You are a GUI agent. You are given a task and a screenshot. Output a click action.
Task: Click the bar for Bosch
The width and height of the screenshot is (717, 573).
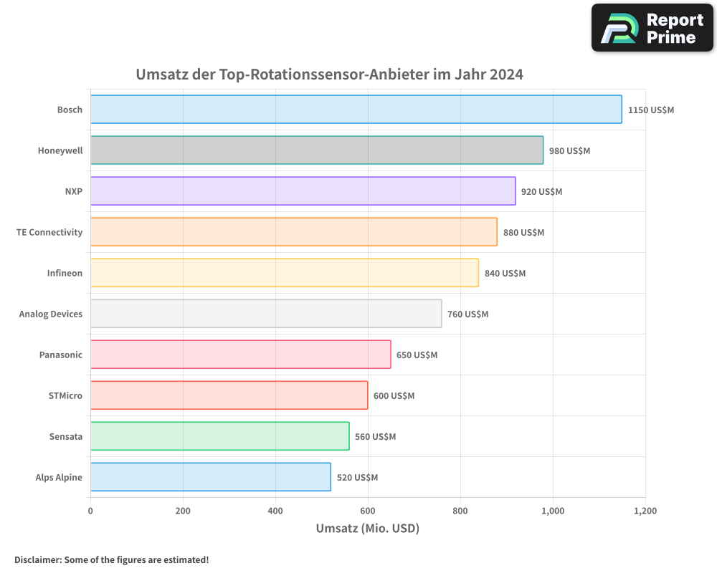pos(356,110)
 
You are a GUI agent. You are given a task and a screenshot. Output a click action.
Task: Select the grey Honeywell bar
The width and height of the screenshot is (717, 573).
pos(316,150)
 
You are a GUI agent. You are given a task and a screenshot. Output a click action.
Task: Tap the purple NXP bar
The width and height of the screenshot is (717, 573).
pos(303,191)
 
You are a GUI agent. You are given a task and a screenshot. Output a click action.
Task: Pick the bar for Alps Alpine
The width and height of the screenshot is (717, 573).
pos(210,477)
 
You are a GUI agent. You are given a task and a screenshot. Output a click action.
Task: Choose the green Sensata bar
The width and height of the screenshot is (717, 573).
pos(219,436)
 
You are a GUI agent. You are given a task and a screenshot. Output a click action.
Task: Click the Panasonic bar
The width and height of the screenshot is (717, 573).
pos(240,355)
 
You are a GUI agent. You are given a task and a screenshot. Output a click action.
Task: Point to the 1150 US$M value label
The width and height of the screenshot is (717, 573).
pos(651,110)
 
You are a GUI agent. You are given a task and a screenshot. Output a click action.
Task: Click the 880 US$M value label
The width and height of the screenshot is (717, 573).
pos(523,233)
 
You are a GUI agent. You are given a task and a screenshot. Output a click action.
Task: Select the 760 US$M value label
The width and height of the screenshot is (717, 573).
pos(467,314)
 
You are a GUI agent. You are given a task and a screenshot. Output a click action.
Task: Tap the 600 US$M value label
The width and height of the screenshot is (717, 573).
pos(394,396)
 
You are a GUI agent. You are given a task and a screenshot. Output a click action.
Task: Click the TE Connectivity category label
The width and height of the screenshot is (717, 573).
pos(49,232)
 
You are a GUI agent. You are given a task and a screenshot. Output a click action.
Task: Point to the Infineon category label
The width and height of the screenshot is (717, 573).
pos(65,273)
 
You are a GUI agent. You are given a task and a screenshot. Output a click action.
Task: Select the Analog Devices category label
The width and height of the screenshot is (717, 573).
pos(51,314)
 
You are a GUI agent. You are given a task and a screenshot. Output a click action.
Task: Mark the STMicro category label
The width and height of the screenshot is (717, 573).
pos(65,395)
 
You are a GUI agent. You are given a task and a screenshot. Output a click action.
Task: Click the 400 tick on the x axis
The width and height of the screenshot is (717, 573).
pos(275,511)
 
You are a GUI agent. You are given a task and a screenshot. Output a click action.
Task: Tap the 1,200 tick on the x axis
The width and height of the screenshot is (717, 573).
pos(645,511)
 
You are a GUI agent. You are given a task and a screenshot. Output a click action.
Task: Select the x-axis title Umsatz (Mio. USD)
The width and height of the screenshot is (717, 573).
pos(367,529)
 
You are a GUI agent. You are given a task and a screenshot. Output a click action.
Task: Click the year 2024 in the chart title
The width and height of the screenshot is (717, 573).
pos(506,74)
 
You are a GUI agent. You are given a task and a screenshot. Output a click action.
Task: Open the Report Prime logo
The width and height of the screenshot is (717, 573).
pos(652,28)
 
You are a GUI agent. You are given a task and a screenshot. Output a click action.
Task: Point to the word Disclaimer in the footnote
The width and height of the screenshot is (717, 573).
pos(37,559)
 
